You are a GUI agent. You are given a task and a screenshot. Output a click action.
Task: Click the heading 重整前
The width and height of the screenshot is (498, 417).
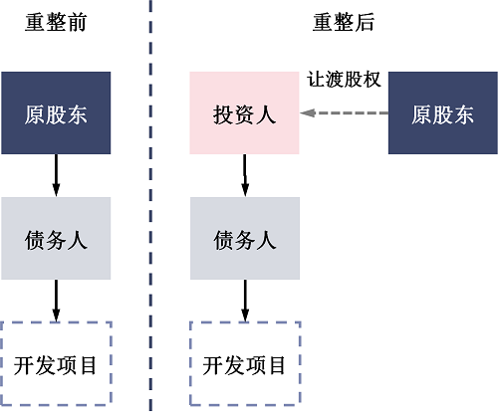pyautogui.click(x=56, y=23)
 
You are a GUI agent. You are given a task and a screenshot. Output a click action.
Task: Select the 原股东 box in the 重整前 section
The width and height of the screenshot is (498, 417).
pyautogui.click(x=56, y=113)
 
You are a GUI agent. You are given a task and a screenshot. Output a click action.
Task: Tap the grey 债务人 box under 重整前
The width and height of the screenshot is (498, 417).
pyautogui.click(x=56, y=239)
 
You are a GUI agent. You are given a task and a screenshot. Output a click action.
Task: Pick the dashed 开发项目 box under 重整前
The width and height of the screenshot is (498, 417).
pyautogui.click(x=56, y=364)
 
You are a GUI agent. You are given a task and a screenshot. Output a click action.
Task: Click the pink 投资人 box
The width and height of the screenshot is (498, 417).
pyautogui.click(x=244, y=113)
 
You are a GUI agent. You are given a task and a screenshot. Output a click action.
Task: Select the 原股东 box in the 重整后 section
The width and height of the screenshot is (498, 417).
pyautogui.click(x=442, y=113)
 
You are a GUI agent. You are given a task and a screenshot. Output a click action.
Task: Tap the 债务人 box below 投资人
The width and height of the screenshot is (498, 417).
pyautogui.click(x=244, y=239)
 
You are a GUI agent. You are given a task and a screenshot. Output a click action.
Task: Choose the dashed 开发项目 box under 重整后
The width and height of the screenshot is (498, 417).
pyautogui.click(x=244, y=364)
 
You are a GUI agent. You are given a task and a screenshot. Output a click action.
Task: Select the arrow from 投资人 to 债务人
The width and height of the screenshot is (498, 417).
pyautogui.click(x=244, y=176)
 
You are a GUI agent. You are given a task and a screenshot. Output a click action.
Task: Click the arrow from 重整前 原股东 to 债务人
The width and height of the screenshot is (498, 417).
pyautogui.click(x=56, y=176)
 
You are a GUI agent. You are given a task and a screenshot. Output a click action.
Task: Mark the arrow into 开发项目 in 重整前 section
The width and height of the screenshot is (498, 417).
pyautogui.click(x=56, y=301)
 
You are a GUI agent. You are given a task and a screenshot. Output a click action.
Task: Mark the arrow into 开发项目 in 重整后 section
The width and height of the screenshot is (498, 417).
pyautogui.click(x=244, y=301)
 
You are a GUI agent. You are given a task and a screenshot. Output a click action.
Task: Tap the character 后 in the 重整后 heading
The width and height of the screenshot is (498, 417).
pyautogui.click(x=365, y=23)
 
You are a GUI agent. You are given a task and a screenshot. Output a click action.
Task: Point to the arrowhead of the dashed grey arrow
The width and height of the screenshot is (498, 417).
pyautogui.click(x=309, y=114)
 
